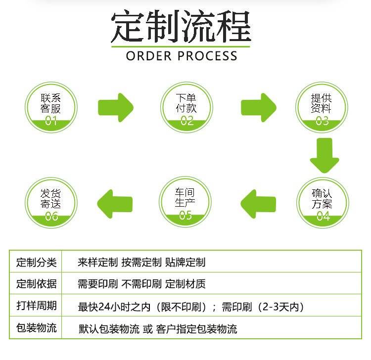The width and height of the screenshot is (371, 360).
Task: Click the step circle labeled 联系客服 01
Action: tap(51, 107)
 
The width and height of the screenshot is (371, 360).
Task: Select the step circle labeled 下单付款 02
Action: tap(186, 107)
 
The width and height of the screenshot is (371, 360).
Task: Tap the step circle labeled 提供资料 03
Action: tap(322, 107)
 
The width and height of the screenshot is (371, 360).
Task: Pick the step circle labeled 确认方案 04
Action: tap(323, 203)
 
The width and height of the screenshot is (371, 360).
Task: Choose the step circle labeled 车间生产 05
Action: tap(185, 203)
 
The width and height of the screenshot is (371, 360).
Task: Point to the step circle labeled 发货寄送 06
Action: tap(51, 203)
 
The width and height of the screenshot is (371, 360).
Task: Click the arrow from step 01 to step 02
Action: tap(116, 107)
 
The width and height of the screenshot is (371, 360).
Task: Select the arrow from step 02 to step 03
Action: tap(258, 107)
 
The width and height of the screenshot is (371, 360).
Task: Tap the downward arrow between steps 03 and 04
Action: tap(324, 155)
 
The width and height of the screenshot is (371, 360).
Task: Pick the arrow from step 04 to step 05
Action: tap(258, 203)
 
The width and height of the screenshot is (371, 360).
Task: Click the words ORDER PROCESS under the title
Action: tap(182, 55)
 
